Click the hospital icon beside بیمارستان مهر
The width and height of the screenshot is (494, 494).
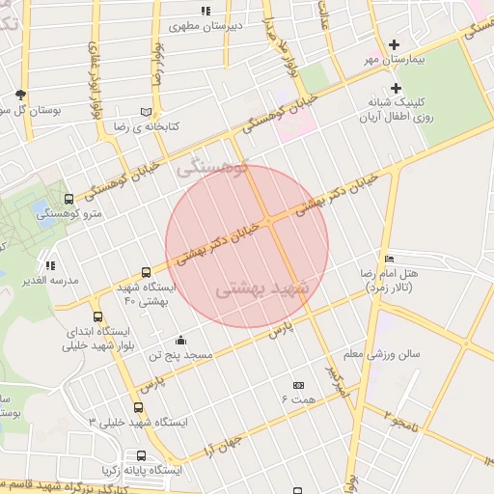point(394,44)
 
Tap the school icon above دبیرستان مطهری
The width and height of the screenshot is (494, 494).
point(206,11)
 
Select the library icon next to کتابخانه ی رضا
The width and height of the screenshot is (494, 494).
point(147,112)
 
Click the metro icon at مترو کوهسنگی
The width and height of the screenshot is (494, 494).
point(68,199)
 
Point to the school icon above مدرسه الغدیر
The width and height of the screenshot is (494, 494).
point(49,265)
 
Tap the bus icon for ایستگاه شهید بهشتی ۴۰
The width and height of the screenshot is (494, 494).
point(146,273)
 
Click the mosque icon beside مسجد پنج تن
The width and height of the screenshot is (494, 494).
point(180,340)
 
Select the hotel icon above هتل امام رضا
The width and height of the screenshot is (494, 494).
point(389,259)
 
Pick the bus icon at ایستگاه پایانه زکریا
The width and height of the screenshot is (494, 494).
point(142,455)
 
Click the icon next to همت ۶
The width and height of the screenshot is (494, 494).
point(298,385)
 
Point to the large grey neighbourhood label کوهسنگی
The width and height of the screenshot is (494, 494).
point(213,168)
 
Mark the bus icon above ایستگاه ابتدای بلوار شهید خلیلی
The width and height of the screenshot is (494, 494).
point(97,316)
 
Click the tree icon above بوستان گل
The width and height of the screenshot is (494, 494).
point(21,95)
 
